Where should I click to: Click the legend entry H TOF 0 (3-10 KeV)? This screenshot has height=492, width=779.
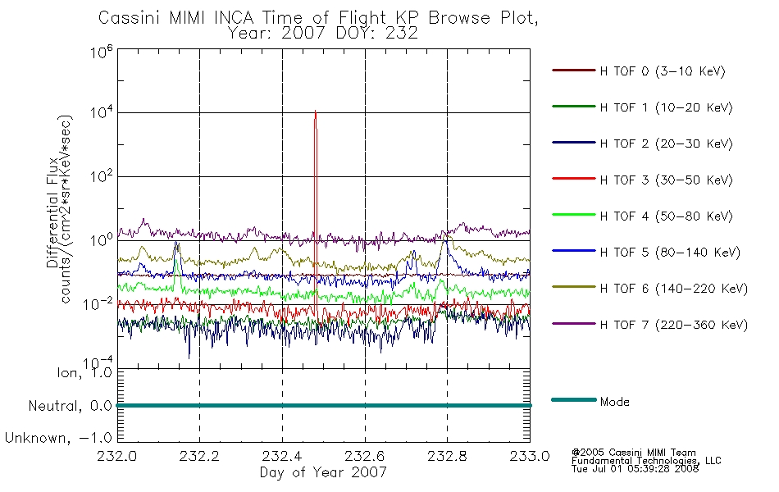pyautogui.click(x=663, y=71)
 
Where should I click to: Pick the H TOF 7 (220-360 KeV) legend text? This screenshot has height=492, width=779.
pyautogui.click(x=673, y=325)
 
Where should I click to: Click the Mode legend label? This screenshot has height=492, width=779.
pyautogui.click(x=615, y=402)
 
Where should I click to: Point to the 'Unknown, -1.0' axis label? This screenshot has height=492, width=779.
pyautogui.click(x=58, y=438)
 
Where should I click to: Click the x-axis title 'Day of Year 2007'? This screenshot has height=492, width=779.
pyautogui.click(x=323, y=472)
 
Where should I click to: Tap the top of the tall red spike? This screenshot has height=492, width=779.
pyautogui.click(x=316, y=112)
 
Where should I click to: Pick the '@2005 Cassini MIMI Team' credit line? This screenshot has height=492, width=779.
pyautogui.click(x=634, y=452)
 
